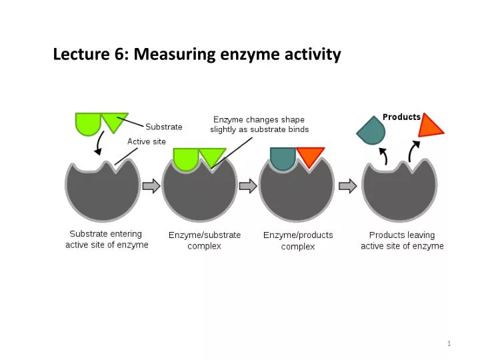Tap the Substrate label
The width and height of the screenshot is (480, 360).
click(163, 127)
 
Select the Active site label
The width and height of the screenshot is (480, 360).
click(147, 141)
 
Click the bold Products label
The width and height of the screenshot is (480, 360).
click(401, 117)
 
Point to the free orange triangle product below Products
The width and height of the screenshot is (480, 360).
click(430, 126)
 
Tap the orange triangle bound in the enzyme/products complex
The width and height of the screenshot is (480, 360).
click(310, 156)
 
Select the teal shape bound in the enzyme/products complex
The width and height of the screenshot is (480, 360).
click(283, 157)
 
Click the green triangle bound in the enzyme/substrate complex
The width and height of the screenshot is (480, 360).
click(212, 157)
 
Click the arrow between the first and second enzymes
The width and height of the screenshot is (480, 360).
click(151, 186)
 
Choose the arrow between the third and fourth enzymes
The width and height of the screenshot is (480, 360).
click(347, 186)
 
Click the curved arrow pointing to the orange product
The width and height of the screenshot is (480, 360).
click(413, 150)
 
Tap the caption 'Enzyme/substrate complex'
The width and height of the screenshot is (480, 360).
click(205, 241)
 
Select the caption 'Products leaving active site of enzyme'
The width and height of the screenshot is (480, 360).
click(402, 241)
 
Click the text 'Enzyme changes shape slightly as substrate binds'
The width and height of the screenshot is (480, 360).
click(259, 124)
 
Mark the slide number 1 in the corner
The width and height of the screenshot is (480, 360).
click(449, 343)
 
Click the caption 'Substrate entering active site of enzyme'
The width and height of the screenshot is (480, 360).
click(107, 239)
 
